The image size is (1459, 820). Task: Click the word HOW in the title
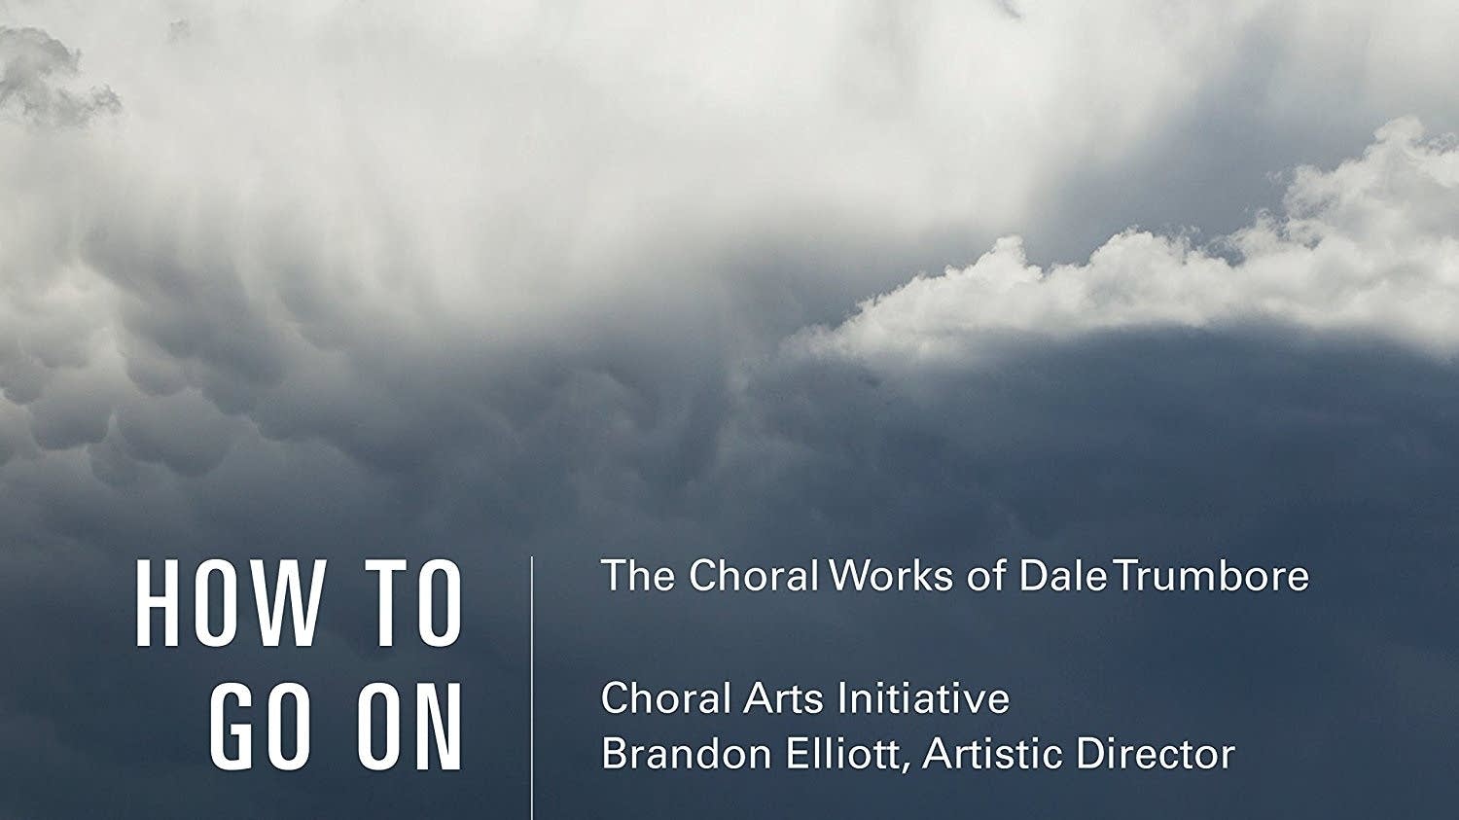click(x=230, y=605)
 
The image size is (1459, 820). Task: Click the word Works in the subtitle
click(x=891, y=576)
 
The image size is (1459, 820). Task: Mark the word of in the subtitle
click(x=987, y=576)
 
